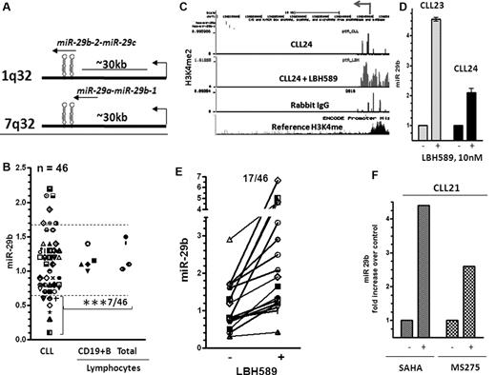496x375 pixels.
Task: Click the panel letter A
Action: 8,10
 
